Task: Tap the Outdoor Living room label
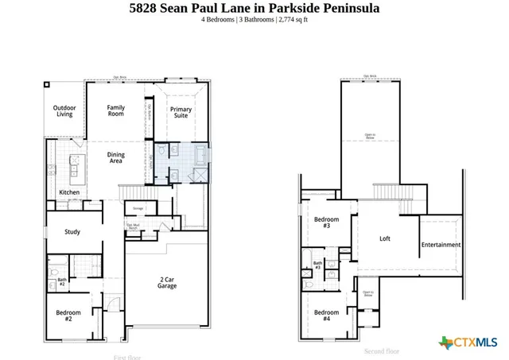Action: coord(64,110)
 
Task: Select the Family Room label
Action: coord(116,110)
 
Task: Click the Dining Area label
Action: coord(116,158)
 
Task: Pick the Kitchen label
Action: coord(69,193)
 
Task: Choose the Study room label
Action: coord(72,232)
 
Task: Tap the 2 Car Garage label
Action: coord(167,283)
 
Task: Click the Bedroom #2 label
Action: coord(68,315)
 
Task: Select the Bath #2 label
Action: coord(61,281)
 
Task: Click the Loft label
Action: coord(385,238)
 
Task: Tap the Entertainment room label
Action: coord(441,245)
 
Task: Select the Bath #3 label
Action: coord(317,265)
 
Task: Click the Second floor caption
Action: coord(382,350)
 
